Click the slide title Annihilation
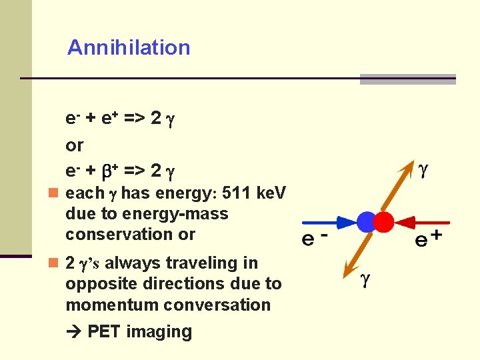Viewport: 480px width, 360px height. (129, 47)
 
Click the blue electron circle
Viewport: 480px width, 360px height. (367, 222)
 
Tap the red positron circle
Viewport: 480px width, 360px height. (383, 222)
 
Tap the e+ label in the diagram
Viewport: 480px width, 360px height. (428, 239)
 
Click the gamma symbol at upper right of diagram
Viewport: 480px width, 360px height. (423, 171)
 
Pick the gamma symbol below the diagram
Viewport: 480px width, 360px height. (365, 280)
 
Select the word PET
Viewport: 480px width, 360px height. (103, 332)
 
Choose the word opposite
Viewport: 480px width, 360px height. (95, 284)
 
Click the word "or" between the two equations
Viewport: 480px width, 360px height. (75, 145)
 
